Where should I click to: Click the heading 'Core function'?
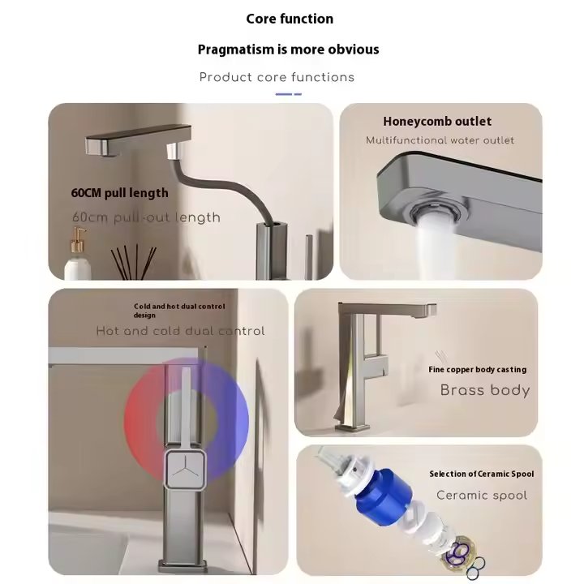pos(290,19)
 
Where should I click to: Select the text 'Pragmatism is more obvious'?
pos(288,49)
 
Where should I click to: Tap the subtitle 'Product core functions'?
pos(277,78)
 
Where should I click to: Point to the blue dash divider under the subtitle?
pos(288,94)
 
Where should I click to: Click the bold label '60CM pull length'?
pos(119,193)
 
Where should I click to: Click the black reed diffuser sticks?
pos(134,261)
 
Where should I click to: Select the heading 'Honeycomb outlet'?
pos(437,122)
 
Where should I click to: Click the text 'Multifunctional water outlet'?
pos(440,140)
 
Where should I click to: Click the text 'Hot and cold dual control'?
pos(180,331)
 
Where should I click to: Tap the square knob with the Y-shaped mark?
pos(185,469)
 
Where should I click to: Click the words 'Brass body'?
pos(485,391)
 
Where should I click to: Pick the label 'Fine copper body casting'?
pos(478,370)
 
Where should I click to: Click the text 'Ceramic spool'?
pos(482,496)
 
